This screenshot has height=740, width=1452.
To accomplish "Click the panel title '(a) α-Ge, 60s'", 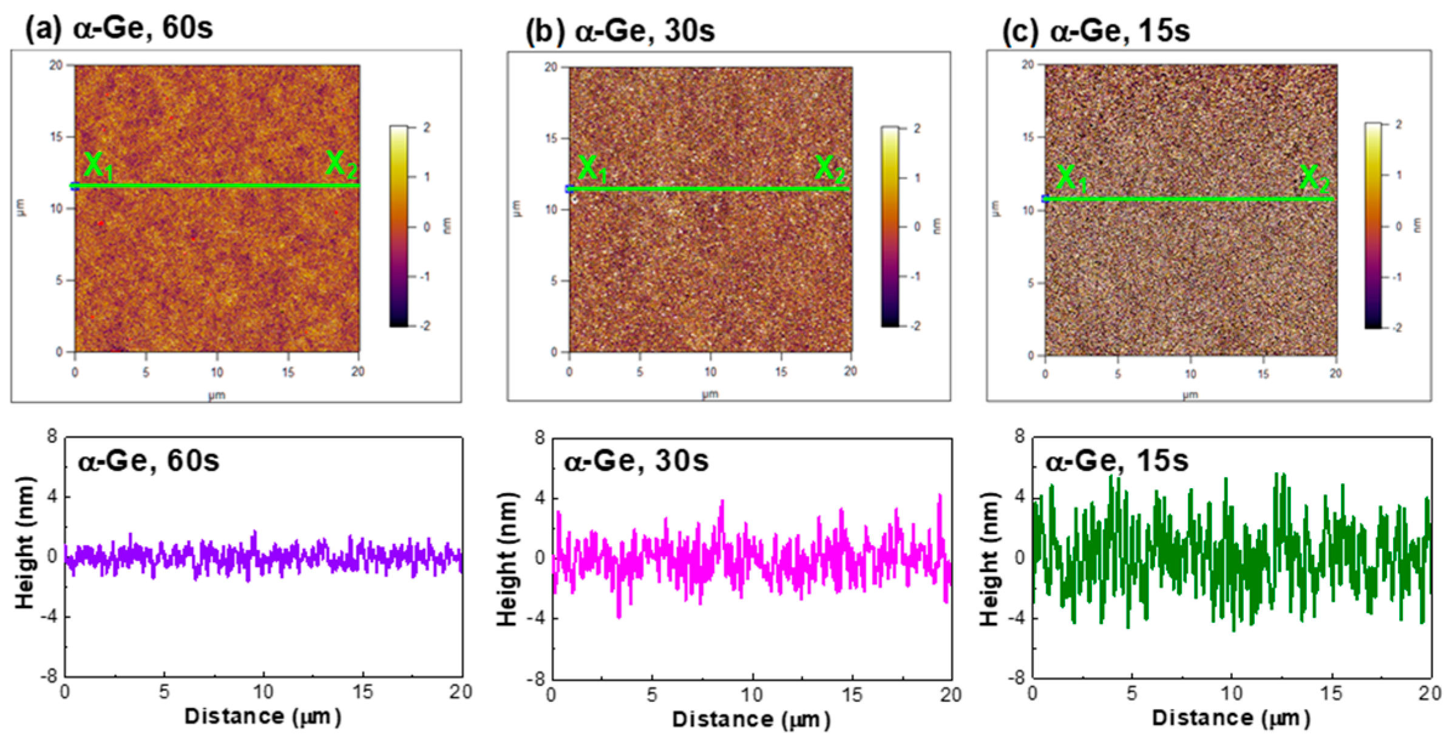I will tap(119, 28).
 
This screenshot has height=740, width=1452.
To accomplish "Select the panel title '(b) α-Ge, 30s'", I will tap(620, 30).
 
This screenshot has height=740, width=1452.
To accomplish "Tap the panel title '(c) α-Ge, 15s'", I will tap(1096, 30).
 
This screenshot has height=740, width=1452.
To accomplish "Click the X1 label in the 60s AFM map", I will tap(97, 166).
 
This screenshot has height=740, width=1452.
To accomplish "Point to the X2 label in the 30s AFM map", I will tap(829, 169).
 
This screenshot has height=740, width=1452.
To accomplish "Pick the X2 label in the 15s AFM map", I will tap(1314, 179).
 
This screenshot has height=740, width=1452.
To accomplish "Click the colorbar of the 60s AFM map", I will tap(399, 226).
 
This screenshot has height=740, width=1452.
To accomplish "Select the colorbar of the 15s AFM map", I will tap(1374, 225).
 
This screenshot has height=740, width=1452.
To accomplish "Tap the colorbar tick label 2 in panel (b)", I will tap(917, 129).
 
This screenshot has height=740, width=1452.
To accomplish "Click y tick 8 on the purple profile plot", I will tap(52, 436).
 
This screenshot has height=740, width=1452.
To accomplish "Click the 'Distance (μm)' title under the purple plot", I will tap(262, 716).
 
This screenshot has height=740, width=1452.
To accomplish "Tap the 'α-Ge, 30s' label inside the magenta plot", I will tap(636, 461).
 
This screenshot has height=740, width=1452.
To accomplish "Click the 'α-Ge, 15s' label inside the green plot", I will tap(1116, 461).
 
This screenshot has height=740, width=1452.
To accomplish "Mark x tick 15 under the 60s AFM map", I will tap(288, 372).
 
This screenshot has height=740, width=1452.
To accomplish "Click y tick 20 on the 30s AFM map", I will tap(551, 67).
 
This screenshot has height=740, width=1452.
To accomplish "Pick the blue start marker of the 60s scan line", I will tap(75, 186).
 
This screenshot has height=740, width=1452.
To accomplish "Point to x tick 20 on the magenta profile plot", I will tap(951, 694).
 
